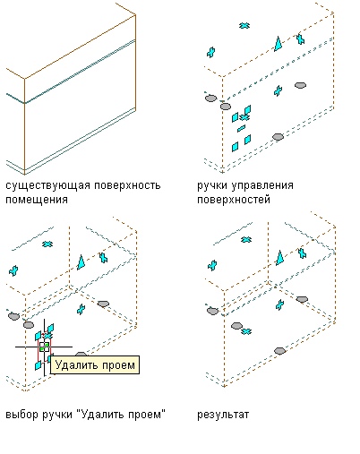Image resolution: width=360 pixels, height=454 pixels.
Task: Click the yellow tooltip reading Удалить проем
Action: point(95,364)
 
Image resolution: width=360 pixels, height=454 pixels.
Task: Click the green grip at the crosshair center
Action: point(44,347)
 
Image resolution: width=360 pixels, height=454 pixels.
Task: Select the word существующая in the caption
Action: point(47,185)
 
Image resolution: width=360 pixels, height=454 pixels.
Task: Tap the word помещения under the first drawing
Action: point(37,200)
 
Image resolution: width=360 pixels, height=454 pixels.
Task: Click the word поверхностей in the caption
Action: point(234,200)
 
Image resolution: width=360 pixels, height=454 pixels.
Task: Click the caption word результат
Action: point(223,415)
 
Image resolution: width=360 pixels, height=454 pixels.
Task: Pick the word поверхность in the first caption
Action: point(127,185)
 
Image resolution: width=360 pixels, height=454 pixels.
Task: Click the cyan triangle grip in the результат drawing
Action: point(279,258)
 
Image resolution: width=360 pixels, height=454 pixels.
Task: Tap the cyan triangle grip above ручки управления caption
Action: point(279,44)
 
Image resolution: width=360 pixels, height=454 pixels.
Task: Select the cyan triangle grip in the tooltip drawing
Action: point(81,262)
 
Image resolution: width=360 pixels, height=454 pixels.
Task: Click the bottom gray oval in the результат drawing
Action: point(279,351)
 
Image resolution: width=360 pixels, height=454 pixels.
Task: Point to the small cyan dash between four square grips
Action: point(241,128)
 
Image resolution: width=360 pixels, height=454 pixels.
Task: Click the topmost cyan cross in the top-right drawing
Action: point(244,26)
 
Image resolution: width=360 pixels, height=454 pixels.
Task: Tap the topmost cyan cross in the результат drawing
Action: point(246,239)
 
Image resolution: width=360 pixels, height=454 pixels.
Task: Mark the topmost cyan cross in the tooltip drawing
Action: point(47,244)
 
